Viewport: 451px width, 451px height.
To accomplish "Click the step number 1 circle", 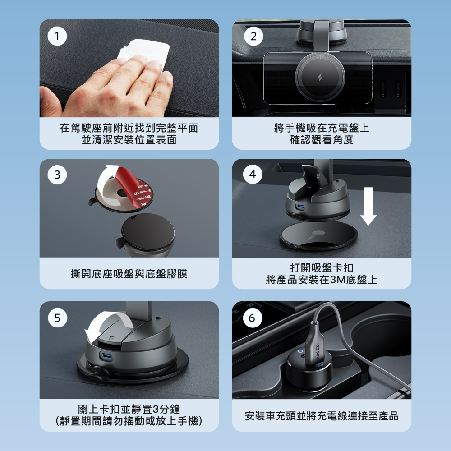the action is pos(57,36).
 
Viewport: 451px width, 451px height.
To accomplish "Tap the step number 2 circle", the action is pos(253,36).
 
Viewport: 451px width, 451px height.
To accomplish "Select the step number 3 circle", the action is pos(57,175).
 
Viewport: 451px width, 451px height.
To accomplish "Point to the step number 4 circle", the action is pos(253,174).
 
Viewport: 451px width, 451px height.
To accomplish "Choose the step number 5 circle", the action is pos(58,318).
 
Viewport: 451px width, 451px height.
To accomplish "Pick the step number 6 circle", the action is pos(252,318).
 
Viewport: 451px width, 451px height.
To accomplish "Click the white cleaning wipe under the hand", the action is pos(145,51).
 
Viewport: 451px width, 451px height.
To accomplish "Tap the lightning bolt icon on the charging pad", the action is pos(320,77).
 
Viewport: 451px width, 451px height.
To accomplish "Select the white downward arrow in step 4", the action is pos(368,206).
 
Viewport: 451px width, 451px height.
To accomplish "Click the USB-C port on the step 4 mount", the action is pos(301,206).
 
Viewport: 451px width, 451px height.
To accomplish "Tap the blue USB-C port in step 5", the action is pos(107,357).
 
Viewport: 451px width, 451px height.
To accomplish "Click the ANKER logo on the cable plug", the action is pos(318,351).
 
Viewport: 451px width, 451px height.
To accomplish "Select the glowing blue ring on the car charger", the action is pos(300,351).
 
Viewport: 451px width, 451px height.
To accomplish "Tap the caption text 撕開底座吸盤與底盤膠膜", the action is pos(129,274).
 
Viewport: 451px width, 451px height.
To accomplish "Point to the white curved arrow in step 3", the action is pos(106,184).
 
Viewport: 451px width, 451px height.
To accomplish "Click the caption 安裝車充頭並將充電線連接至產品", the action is pos(322,416).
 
